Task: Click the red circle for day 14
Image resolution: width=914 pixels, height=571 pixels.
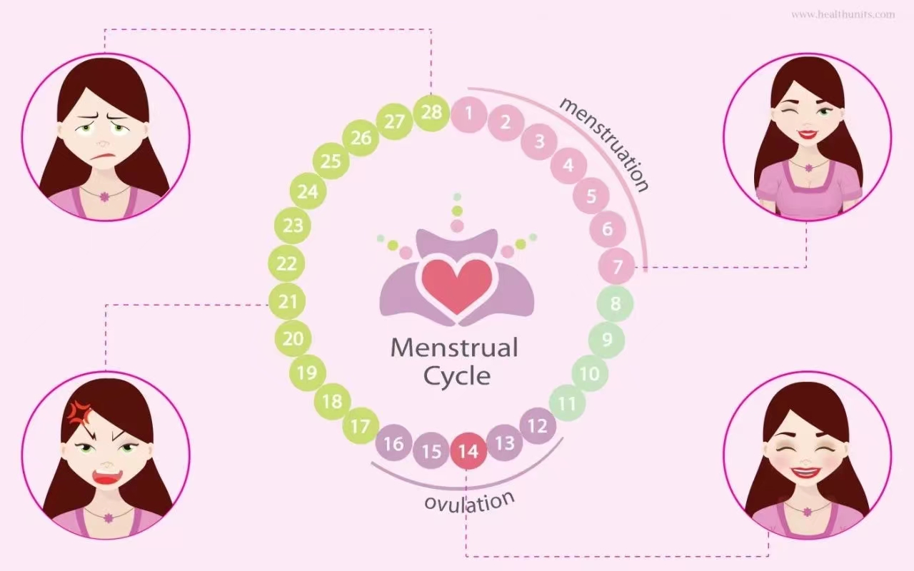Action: pos(468,451)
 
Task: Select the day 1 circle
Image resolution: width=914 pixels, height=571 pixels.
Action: pos(468,113)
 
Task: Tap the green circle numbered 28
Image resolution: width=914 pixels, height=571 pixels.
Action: pos(431,113)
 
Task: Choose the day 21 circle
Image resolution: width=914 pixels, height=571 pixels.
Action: pos(288,302)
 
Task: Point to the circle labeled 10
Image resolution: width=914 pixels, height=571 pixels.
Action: pos(589,373)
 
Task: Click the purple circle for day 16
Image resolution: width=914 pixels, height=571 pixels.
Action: pos(393,444)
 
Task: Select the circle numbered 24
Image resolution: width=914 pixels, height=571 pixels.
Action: pos(307,191)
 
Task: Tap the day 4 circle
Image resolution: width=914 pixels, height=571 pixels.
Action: pos(568,166)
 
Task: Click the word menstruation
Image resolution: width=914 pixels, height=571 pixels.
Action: pos(605,143)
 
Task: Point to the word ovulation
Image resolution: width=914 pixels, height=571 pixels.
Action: pos(469,501)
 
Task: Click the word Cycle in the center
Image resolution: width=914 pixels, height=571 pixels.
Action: pos(457,375)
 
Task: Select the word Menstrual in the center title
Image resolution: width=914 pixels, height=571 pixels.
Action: pos(454,348)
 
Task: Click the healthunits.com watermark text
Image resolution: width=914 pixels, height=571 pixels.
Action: pos(843,14)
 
